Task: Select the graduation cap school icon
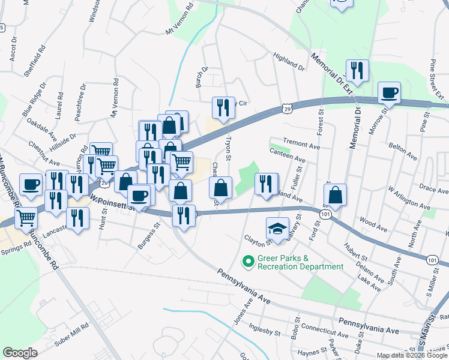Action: coord(277,228)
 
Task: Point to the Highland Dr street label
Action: coord(289,61)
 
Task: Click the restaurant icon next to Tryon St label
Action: coord(223,108)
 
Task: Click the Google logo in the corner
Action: coord(20,353)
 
